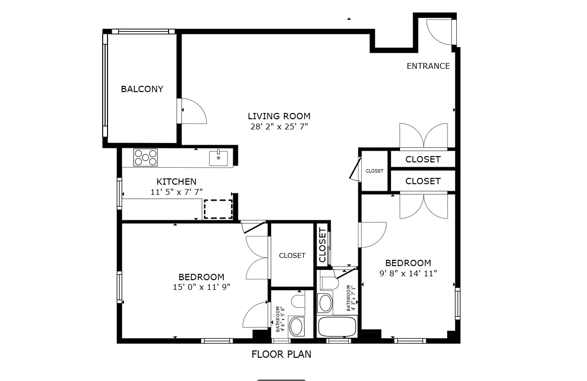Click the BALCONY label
142,89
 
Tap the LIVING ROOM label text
279,116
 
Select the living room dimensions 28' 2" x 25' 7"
279,127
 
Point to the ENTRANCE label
428,66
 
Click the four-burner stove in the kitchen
146,158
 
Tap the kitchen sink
218,158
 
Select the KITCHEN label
176,182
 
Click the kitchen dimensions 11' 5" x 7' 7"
176,192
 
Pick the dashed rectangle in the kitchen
218,209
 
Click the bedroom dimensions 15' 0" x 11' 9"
201,287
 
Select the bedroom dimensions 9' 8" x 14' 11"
408,273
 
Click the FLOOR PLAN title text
281,354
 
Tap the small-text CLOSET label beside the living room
374,171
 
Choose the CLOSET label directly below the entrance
423,159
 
